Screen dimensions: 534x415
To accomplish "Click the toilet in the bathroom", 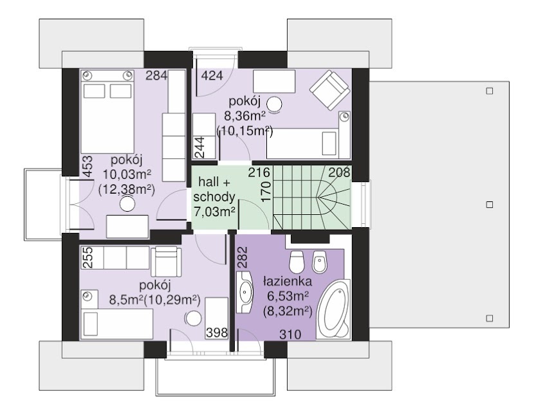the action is point(297,261).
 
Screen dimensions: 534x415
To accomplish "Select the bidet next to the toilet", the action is point(320,262).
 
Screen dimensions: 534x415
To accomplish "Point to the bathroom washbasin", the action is point(244,291).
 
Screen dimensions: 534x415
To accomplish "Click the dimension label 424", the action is point(212,75).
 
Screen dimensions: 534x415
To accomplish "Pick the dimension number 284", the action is point(156,75).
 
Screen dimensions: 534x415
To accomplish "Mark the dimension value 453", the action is point(88,167).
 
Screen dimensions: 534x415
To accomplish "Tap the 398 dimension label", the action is point(217,332).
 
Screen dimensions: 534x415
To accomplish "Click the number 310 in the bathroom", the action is point(290,335).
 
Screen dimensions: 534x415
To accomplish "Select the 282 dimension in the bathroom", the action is point(242,257).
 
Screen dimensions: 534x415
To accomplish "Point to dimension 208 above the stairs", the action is point(339,172).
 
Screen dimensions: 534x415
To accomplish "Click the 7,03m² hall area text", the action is point(214,212).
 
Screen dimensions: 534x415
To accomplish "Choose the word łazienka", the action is point(288,281).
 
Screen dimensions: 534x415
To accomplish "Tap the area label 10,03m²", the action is point(127,174).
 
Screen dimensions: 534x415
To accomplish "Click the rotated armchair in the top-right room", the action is point(329,90).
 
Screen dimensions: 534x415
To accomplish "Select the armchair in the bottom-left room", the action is point(166,261).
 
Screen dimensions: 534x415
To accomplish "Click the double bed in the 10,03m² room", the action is point(107,112).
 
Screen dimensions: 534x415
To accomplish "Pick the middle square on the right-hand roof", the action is point(490,204).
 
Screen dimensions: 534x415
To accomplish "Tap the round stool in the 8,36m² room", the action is point(274,104).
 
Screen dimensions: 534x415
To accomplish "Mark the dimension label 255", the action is point(88,257).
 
